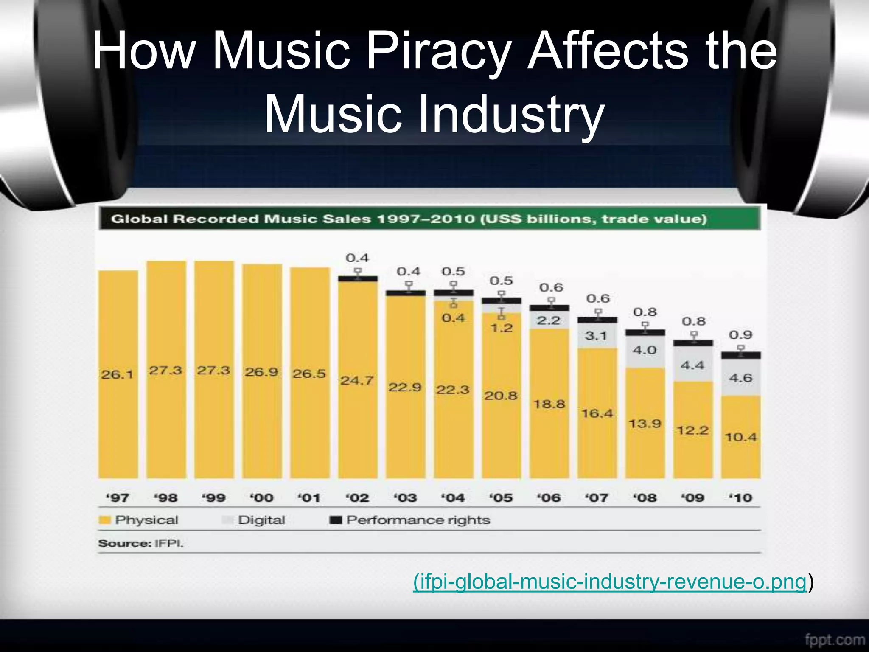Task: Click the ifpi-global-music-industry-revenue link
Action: (610, 582)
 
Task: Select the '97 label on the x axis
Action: (118, 497)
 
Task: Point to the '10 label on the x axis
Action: (740, 497)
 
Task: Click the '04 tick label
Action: (453, 497)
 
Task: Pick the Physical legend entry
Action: (139, 520)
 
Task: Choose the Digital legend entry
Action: (254, 520)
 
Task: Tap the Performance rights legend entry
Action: (410, 520)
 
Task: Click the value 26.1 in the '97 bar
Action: (117, 374)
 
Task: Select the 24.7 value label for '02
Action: (357, 380)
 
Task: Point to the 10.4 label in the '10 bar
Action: (740, 437)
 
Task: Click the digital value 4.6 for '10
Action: (740, 378)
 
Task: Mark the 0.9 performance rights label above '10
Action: (740, 335)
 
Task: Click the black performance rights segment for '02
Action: (358, 279)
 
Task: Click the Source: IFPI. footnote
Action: (141, 543)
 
